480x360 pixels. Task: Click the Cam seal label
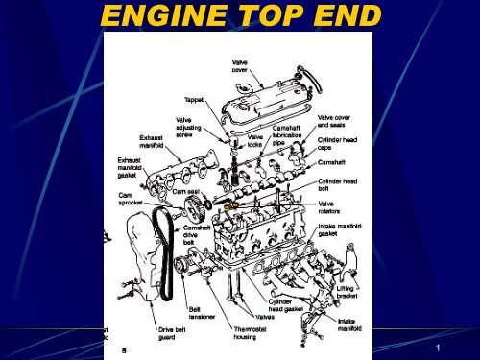(x=186, y=192)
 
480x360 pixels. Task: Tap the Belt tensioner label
(x=202, y=314)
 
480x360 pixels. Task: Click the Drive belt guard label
(x=173, y=332)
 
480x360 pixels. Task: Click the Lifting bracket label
(x=349, y=291)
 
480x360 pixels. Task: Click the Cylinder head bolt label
(x=339, y=184)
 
